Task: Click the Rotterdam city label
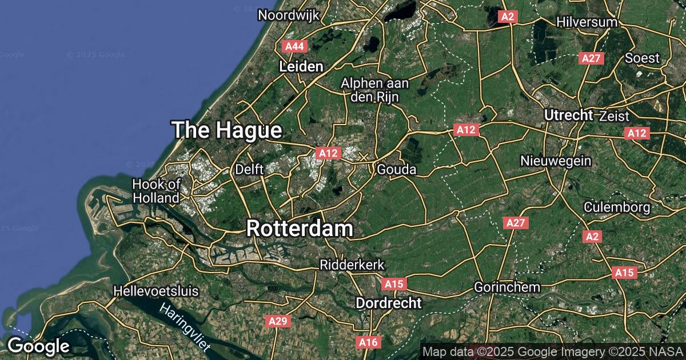[x=300, y=229]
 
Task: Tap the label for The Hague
[x=227, y=130]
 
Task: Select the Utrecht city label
[x=568, y=115]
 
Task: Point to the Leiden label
[x=301, y=67]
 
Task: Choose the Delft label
[x=249, y=170]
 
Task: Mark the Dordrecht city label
[x=389, y=303]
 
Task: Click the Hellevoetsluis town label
[x=156, y=291]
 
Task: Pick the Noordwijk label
[x=288, y=15]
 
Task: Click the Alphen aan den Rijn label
[x=374, y=90]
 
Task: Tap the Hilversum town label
[x=587, y=22]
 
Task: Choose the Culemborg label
[x=617, y=207]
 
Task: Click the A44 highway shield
[x=295, y=46]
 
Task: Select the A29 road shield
[x=278, y=322]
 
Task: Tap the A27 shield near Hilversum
[x=591, y=58]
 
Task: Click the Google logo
[x=38, y=346]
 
